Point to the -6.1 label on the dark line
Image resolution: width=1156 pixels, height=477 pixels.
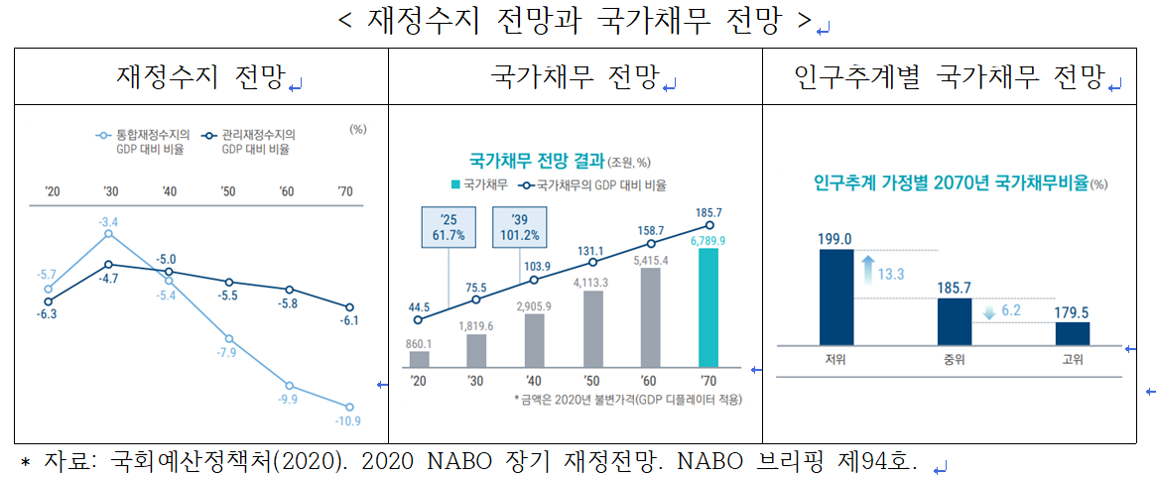[x=349, y=321]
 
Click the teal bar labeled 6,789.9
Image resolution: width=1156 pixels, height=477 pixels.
[x=708, y=307]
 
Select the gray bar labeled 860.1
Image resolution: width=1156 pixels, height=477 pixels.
[x=419, y=359]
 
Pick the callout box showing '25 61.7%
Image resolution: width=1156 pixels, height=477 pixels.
[x=449, y=226]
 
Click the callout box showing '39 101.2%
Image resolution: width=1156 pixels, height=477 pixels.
[x=520, y=226]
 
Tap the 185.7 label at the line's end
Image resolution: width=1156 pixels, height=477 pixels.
[x=708, y=212]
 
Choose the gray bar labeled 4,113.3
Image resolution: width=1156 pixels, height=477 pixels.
[x=592, y=328]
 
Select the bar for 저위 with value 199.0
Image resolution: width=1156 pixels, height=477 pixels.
[x=835, y=296]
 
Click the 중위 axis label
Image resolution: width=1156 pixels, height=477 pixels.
[x=954, y=359]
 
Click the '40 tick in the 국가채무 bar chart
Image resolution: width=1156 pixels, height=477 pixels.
[x=534, y=381]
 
